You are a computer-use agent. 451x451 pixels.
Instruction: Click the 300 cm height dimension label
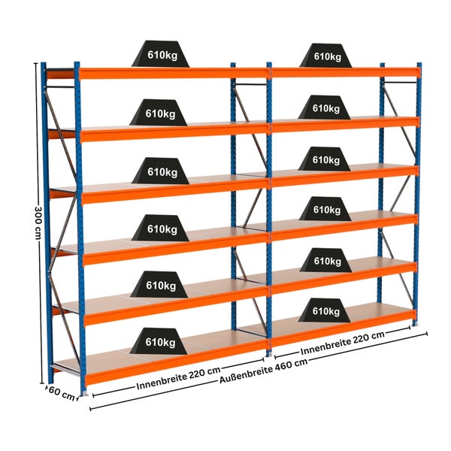point(38,222)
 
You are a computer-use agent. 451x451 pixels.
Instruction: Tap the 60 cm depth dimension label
point(62,393)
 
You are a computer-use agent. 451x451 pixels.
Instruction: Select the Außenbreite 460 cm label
point(263,371)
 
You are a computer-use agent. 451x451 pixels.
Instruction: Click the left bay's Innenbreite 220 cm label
point(178,378)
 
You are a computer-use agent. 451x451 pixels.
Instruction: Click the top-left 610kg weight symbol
point(161,54)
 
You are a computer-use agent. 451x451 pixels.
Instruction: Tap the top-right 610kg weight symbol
point(326,56)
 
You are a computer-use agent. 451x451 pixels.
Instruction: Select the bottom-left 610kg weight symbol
point(159,341)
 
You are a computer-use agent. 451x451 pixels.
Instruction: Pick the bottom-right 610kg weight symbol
point(325,310)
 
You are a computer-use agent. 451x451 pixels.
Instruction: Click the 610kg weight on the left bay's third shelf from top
point(161,171)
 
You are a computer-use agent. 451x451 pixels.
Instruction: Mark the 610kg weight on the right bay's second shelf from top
point(325,107)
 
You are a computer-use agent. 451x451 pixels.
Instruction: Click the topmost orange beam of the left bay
point(174,73)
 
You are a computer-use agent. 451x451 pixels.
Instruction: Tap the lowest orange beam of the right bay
point(344,328)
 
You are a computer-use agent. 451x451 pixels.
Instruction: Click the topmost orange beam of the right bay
point(345,72)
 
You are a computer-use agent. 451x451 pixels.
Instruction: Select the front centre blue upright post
point(269,209)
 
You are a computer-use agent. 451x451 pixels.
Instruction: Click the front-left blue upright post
point(80,228)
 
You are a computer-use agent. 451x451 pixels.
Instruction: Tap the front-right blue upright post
point(418,193)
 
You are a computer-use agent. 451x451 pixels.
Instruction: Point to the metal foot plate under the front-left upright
point(83,394)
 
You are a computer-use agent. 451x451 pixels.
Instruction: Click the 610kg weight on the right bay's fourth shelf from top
point(325,209)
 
